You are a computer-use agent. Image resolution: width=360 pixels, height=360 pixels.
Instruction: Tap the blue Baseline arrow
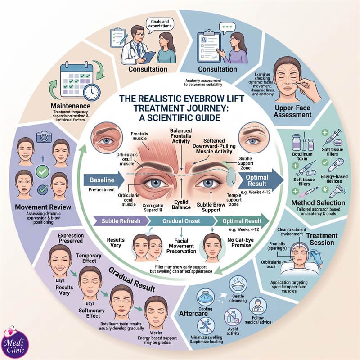(104, 180)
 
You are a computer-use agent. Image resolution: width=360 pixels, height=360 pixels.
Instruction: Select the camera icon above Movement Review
(44, 136)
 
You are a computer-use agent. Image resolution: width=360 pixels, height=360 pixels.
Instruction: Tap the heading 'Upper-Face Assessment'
(293, 111)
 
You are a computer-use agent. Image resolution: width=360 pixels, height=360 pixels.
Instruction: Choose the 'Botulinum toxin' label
(302, 156)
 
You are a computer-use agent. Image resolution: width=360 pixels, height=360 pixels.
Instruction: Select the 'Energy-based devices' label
(334, 179)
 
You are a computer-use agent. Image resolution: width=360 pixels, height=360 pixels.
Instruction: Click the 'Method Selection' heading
(318, 203)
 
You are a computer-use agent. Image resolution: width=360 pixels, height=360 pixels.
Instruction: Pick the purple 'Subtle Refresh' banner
(121, 221)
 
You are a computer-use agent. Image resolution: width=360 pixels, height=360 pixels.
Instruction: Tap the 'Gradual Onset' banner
(181, 221)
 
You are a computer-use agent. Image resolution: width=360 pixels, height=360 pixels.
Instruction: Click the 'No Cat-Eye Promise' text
(241, 243)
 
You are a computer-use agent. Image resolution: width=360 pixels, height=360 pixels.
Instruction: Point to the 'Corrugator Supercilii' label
(153, 208)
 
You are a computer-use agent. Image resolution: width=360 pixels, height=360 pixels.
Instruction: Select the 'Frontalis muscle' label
(139, 136)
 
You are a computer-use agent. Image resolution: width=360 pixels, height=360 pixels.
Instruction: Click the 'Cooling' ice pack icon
(206, 298)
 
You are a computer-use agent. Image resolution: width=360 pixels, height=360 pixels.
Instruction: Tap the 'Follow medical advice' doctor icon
(257, 306)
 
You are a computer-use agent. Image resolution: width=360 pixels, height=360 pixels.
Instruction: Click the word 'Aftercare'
(193, 313)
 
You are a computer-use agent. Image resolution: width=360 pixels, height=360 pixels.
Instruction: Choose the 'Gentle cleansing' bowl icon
(238, 285)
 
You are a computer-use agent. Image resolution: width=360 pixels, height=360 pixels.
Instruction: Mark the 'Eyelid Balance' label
(181, 205)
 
